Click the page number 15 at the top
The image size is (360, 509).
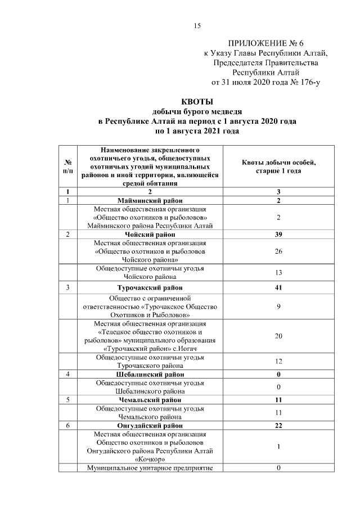click(x=197, y=26)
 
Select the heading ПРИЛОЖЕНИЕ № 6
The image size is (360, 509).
click(x=265, y=43)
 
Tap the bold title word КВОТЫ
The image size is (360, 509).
click(x=197, y=102)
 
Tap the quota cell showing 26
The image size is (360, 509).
click(x=278, y=251)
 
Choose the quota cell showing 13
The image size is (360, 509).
click(x=278, y=273)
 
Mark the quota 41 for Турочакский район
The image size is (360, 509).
click(x=278, y=288)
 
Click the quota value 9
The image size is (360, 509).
click(x=278, y=307)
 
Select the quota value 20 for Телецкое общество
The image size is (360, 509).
click(x=278, y=336)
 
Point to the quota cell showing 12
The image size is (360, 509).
click(x=278, y=361)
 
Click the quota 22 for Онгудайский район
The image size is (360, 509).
click(x=278, y=426)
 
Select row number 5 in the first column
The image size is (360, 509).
click(x=68, y=400)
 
